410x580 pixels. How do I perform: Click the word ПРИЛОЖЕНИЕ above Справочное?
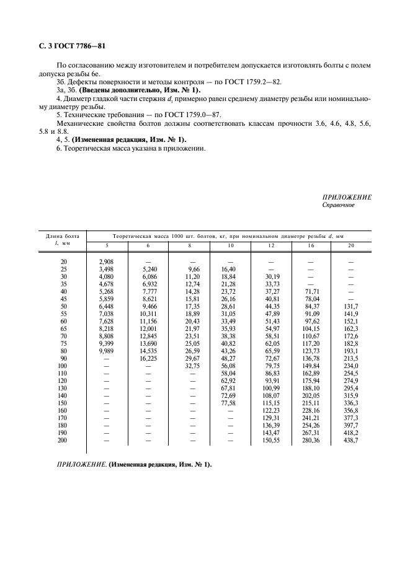[347, 197]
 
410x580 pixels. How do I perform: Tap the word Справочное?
[339, 205]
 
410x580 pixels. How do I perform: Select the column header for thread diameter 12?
[270, 246]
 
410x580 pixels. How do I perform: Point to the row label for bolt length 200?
[61, 440]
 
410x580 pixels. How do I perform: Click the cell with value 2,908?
[106, 261]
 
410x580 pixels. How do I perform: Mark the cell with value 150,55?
[270, 440]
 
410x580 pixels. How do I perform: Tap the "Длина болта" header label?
[61, 236]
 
